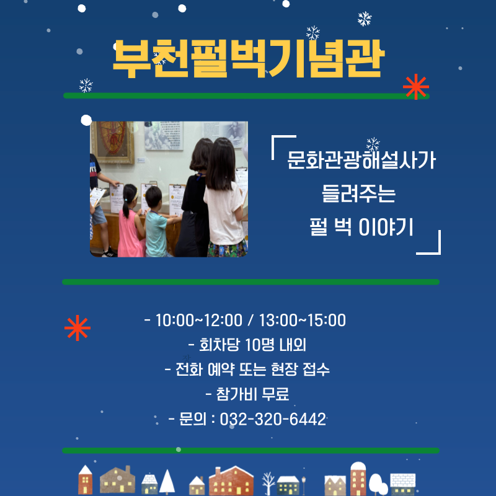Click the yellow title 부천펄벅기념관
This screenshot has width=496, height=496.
coord(249,59)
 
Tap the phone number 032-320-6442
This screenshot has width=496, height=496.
coord(273,419)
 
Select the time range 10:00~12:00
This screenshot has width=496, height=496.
coord(199,320)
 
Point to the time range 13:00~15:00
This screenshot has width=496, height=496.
coord(303,320)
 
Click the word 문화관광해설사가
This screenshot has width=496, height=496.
coord(361,160)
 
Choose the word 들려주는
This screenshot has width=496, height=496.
coord(359,193)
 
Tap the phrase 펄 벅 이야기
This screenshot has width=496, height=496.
coord(361,227)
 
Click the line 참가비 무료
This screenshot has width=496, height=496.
coord(252,394)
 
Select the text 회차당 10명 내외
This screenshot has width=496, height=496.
coord(252,345)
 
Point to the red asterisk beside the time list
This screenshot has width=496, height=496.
coord(77,328)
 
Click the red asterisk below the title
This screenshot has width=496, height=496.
coord(416,87)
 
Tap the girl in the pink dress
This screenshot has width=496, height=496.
coord(130,221)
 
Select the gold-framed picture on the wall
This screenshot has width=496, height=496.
coord(113,143)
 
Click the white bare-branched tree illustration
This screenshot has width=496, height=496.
coord(268,484)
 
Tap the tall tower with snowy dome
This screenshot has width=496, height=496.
coord(358,478)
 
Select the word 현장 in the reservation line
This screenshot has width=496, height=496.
coord(285,370)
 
